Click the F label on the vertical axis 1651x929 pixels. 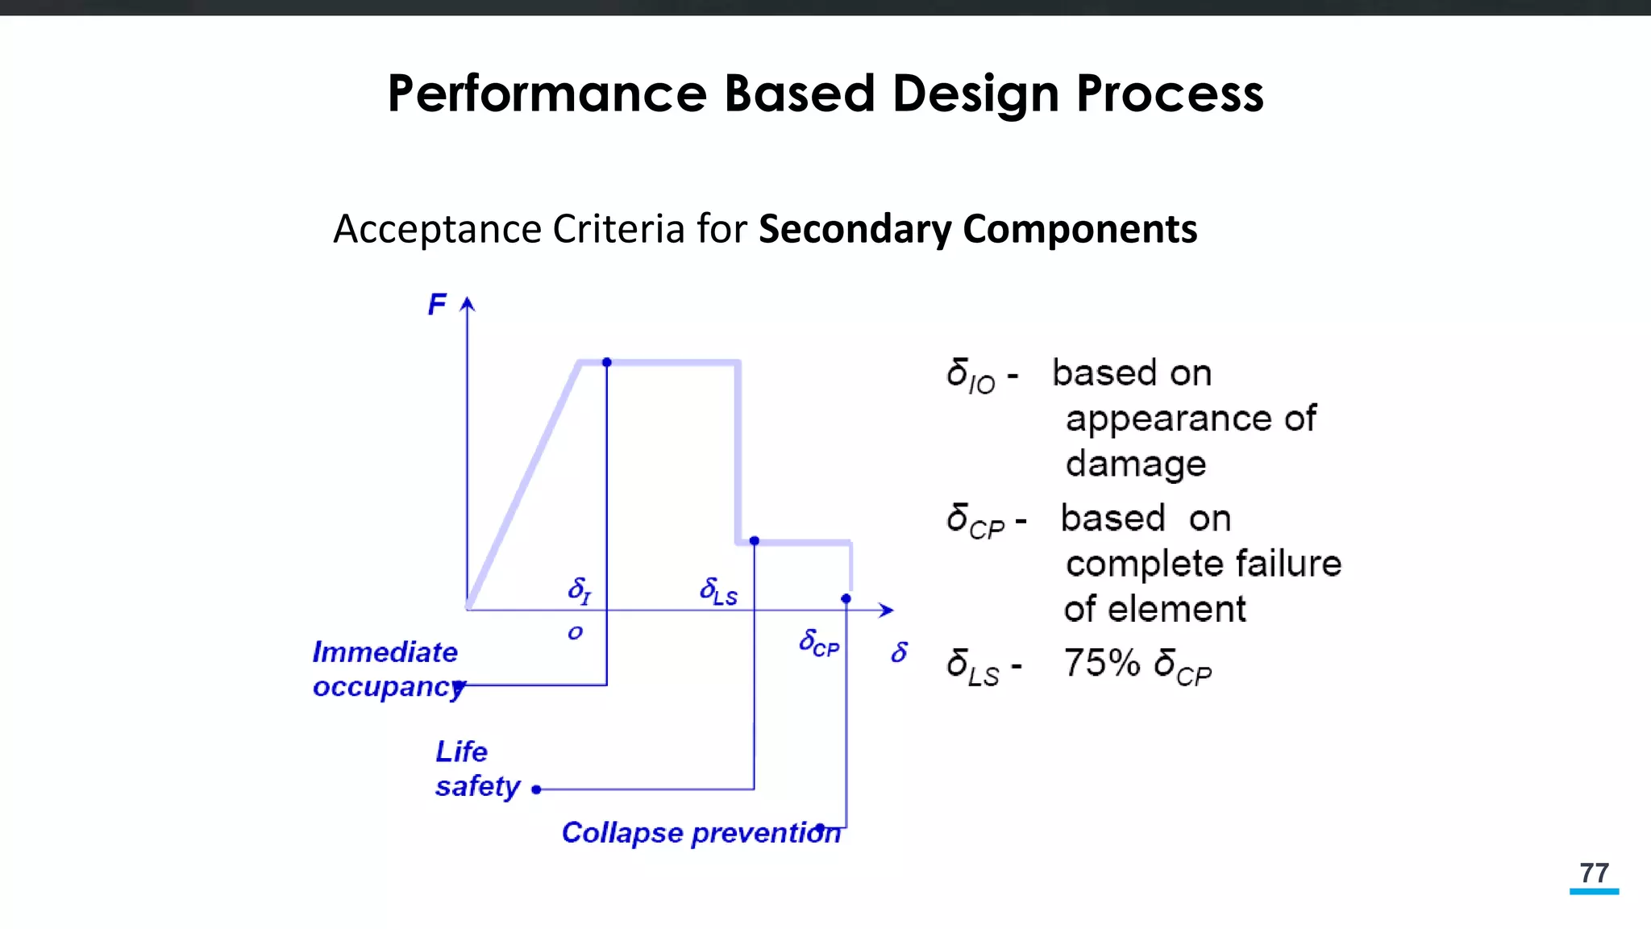(x=437, y=305)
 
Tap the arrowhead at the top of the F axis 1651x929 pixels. (x=468, y=304)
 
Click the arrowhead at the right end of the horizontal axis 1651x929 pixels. (x=886, y=610)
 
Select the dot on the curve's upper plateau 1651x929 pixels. (x=607, y=363)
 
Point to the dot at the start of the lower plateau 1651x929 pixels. (x=755, y=541)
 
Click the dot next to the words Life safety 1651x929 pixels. (x=536, y=789)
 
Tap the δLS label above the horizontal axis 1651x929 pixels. (x=718, y=591)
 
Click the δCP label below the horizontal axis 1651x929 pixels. (x=819, y=644)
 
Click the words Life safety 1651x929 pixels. (x=476, y=769)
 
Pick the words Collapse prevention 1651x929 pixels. (x=701, y=833)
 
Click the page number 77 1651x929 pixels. (x=1594, y=873)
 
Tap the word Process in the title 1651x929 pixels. (x=1170, y=94)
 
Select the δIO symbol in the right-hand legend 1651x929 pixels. (x=971, y=376)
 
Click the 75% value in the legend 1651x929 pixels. (x=1102, y=663)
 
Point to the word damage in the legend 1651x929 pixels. (x=1135, y=464)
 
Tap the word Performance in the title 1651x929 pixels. (x=547, y=94)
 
